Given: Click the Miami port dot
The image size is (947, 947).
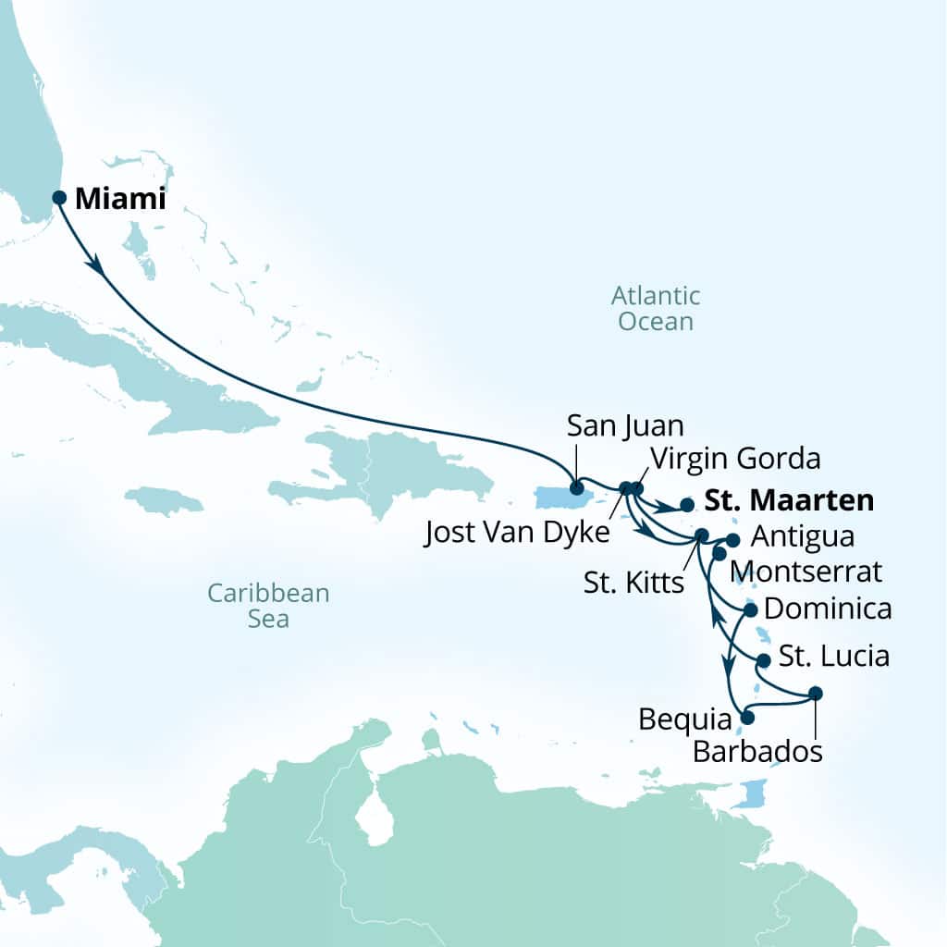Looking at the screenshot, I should coord(59,197).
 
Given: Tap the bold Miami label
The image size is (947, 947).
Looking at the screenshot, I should coord(120,198).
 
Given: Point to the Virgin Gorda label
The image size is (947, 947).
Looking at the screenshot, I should coord(735,458).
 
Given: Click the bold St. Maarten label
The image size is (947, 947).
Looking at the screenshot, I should coord(789,500).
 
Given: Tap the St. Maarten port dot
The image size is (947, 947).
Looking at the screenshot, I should coord(686,505).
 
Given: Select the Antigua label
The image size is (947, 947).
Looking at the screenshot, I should coord(803,536).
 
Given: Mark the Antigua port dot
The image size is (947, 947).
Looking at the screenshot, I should coord(733,539).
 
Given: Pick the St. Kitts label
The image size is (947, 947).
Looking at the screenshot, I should coord(634,584).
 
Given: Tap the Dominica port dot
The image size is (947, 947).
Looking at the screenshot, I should coord(750,610).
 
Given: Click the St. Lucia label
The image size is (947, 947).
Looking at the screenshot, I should coord(834,657).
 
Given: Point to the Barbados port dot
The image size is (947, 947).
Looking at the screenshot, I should coord(815,693).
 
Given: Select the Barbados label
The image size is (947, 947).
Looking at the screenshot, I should coord(757,751).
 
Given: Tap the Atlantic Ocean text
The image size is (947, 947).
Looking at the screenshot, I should coord(656,309).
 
